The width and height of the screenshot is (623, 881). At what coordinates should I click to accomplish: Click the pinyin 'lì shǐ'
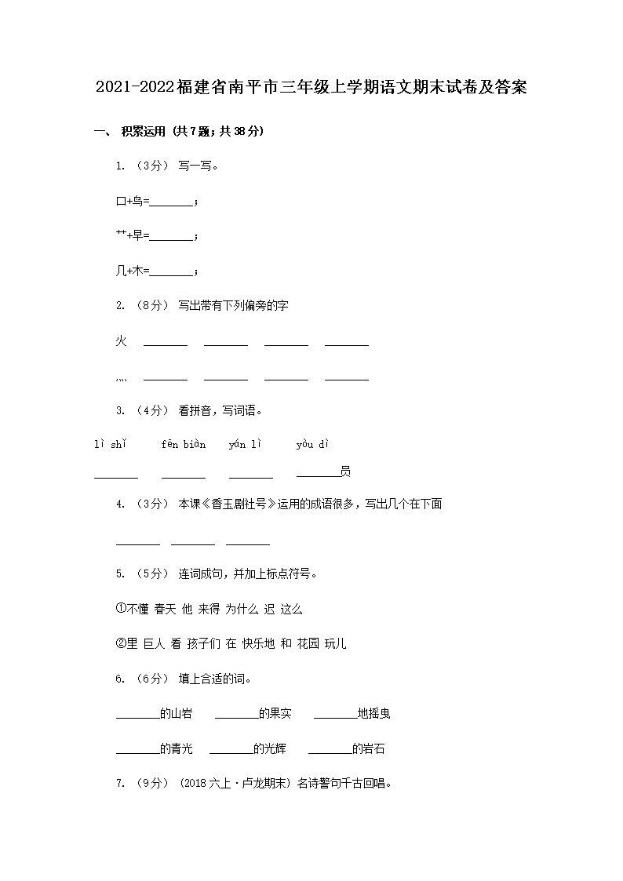click(111, 445)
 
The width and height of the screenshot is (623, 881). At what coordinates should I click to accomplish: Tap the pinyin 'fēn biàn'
click(184, 445)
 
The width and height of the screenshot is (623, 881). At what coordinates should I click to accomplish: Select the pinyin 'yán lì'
click(245, 445)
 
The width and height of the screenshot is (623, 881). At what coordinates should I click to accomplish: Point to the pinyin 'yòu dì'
click(311, 445)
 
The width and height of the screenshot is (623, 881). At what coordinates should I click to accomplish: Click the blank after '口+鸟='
click(171, 202)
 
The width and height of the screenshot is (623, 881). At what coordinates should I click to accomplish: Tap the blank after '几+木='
click(171, 271)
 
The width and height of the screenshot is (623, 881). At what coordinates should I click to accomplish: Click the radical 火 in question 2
click(122, 340)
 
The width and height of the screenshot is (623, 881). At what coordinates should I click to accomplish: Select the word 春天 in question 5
click(165, 609)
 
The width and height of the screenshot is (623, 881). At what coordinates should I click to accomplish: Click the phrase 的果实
click(275, 714)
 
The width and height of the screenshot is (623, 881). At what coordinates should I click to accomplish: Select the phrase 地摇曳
click(374, 714)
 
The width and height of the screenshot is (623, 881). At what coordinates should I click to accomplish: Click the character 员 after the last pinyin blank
click(345, 471)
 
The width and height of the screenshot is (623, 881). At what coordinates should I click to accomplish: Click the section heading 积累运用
click(144, 132)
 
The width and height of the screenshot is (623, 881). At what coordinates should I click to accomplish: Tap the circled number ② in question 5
click(121, 644)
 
